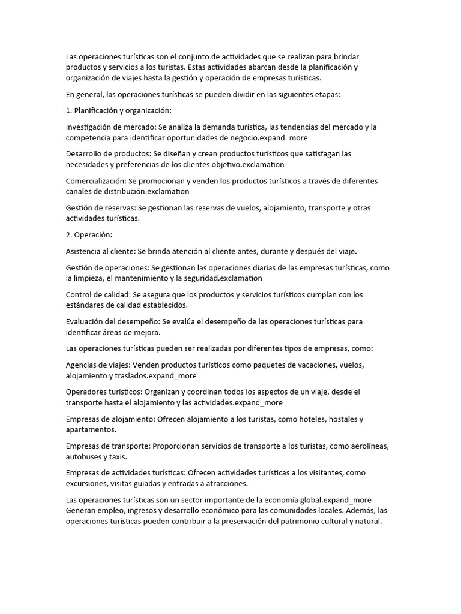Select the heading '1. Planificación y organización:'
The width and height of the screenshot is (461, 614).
coord(119,110)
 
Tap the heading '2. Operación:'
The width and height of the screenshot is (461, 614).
coord(89,234)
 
